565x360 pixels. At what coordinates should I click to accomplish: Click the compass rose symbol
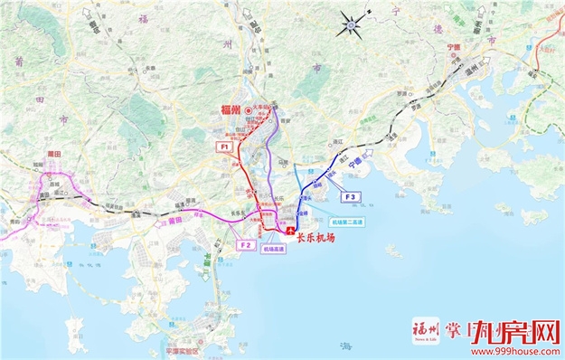pyautogui.click(x=351, y=23)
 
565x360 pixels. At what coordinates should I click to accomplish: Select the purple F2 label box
pyautogui.click(x=245, y=244)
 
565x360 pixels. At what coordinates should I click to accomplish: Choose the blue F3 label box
pyautogui.click(x=350, y=196)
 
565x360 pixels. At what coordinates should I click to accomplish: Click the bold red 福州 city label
pyautogui.click(x=233, y=109)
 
